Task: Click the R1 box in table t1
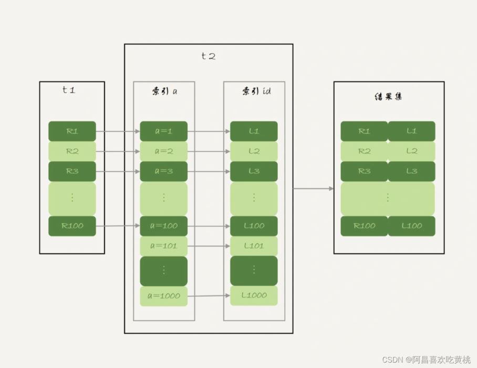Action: [x=72, y=131]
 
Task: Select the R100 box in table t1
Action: [x=72, y=226]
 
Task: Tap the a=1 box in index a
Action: [x=163, y=131]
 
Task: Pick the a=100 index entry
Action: [x=163, y=226]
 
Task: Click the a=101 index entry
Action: [x=163, y=246]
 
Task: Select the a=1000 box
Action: [x=163, y=296]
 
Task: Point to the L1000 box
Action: [x=254, y=295]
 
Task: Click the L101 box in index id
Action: [x=254, y=246]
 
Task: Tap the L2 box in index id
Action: [x=254, y=151]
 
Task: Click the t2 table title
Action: [x=209, y=56]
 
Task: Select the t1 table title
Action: [x=69, y=90]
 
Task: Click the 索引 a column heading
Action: [x=164, y=91]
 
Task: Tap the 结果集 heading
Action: [x=388, y=97]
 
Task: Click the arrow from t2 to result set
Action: [x=313, y=188]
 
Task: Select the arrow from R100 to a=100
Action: [x=118, y=226]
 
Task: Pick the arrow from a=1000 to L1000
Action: [x=209, y=296]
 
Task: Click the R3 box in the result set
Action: [x=364, y=171]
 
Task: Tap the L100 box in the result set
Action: [x=411, y=226]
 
